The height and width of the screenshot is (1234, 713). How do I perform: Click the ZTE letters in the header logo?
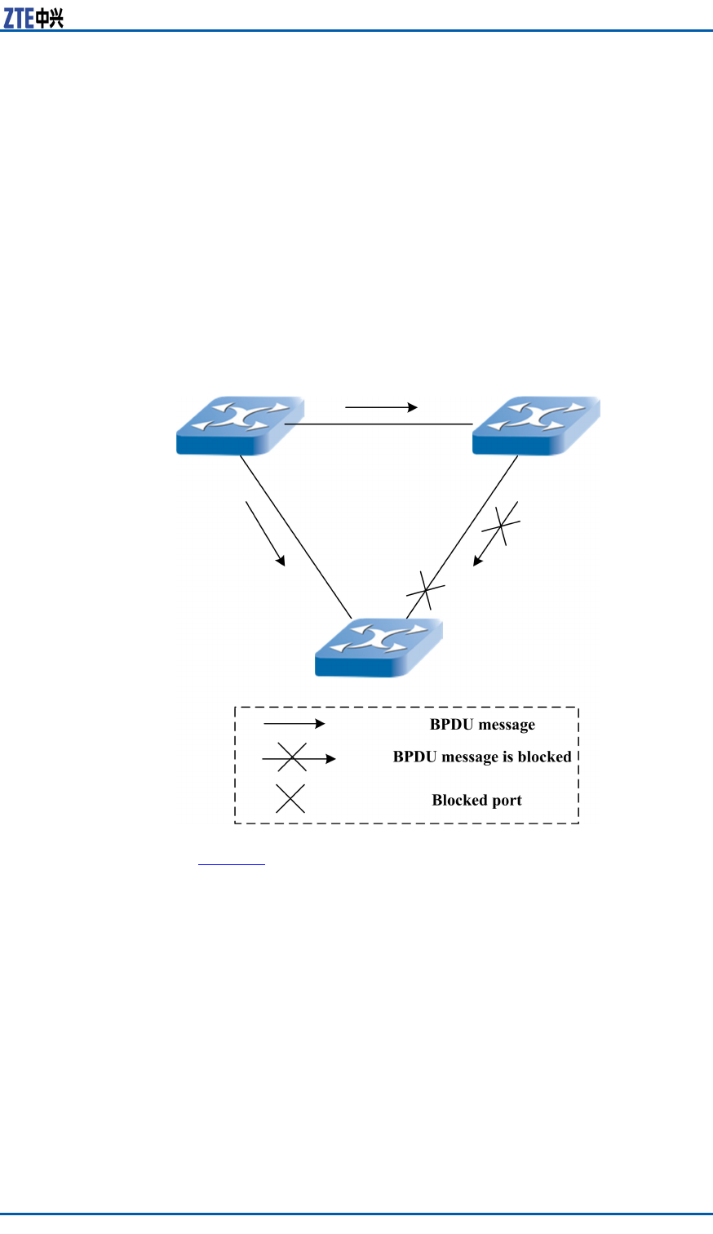coord(19,18)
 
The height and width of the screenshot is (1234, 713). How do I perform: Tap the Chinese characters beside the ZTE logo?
coord(50,18)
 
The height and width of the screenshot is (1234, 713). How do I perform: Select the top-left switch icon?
coord(240,425)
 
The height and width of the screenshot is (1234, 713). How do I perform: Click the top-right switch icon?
coord(536,425)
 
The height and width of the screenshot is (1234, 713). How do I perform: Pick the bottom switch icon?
coord(379,647)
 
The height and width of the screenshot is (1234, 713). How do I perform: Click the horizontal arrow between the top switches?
coord(382,406)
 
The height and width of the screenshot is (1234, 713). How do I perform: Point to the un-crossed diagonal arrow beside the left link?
coord(265,533)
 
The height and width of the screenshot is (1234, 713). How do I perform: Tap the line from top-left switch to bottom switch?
coord(295,535)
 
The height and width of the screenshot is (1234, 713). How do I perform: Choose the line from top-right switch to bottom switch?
coord(463,536)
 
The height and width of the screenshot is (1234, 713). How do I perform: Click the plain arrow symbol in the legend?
coord(294,724)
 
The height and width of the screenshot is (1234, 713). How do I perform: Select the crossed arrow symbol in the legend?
coord(298,758)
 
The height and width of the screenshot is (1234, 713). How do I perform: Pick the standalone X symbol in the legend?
coord(290,798)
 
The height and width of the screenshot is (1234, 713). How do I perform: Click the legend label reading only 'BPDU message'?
coord(482,725)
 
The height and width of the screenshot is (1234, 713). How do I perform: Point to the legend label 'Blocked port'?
coord(476,800)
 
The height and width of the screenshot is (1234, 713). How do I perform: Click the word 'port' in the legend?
coord(506,801)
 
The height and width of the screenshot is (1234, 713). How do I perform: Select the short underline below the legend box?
coord(232,863)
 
